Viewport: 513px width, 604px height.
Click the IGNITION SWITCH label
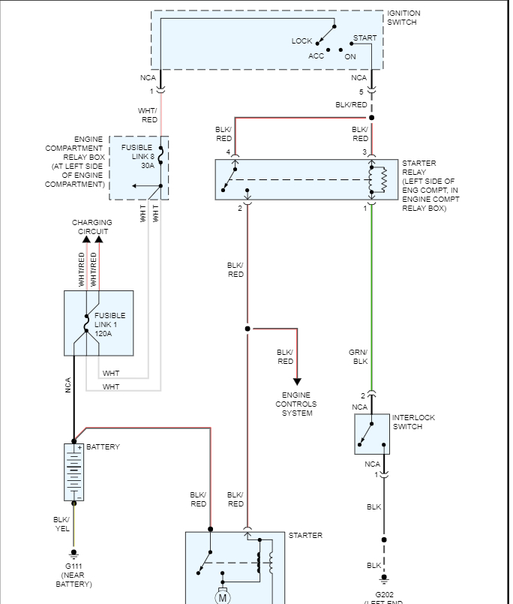[403, 18]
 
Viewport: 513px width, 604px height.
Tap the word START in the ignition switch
[365, 38]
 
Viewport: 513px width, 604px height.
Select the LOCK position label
[301, 41]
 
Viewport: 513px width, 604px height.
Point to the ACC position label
[316, 56]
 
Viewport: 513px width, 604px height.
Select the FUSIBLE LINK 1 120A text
[109, 324]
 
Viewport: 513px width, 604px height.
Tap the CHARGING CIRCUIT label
[92, 227]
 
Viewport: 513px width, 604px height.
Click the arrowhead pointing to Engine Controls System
[297, 381]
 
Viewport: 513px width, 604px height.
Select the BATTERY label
[103, 447]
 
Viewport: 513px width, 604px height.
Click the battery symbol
[73, 472]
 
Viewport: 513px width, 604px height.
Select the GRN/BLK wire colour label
[360, 356]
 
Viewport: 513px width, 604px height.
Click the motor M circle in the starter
[222, 597]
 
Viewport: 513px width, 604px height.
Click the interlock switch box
[371, 434]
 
